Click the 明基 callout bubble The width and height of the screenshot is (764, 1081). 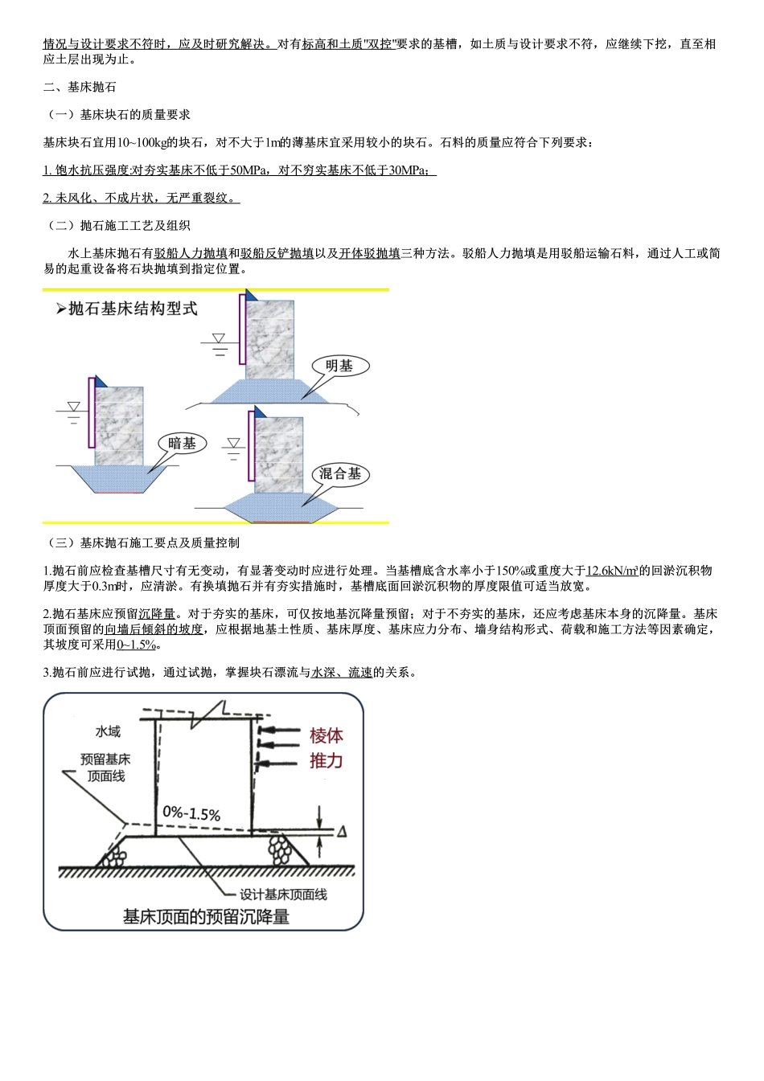coord(339,366)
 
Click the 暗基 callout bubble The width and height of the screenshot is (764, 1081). coord(182,443)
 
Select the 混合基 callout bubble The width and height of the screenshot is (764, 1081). coord(339,473)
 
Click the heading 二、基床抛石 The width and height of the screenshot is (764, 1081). coord(80,87)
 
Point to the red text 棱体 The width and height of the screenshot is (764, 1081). coord(326,735)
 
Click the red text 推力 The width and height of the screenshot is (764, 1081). coord(326,760)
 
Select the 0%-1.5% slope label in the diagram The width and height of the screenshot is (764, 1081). coord(191,813)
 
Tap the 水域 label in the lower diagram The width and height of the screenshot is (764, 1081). coord(107,731)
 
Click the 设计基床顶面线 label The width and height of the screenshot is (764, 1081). coord(283,894)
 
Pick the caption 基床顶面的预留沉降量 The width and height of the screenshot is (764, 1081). coord(205,916)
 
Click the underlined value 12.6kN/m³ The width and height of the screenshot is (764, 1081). coord(612,571)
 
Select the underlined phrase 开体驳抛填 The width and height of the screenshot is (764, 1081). coord(369,253)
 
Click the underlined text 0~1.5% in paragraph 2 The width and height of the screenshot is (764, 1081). coord(136,645)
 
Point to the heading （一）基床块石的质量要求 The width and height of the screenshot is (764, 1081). coord(117,115)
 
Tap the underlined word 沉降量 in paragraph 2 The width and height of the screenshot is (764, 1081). coord(157,615)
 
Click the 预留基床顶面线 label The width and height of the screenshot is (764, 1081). coord(105,767)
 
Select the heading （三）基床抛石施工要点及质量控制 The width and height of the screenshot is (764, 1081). coord(141,543)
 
